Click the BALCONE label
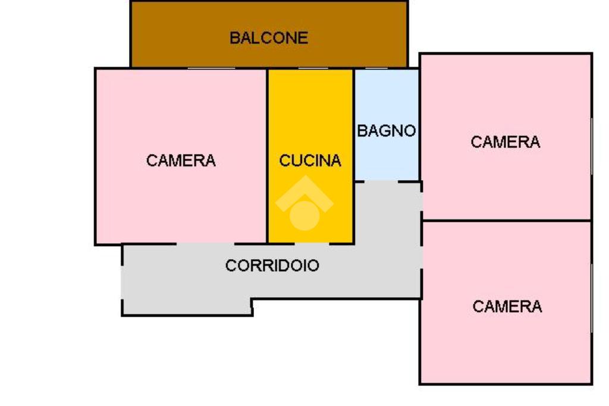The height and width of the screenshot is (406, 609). pyautogui.click(x=269, y=38)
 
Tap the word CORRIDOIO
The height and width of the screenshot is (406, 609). pyautogui.click(x=272, y=265)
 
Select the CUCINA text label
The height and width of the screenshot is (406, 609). pyautogui.click(x=310, y=160)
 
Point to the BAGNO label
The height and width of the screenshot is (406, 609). pyautogui.click(x=387, y=131)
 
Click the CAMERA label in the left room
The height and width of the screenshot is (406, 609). pyautogui.click(x=181, y=160)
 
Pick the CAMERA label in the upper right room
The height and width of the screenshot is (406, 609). pyautogui.click(x=506, y=142)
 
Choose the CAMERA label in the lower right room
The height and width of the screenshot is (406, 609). pyautogui.click(x=507, y=306)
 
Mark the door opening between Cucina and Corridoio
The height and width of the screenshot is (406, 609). pyautogui.click(x=312, y=243)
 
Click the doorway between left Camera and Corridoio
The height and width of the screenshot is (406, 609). pyautogui.click(x=205, y=243)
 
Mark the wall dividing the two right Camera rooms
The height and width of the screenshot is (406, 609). pyautogui.click(x=506, y=221)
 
